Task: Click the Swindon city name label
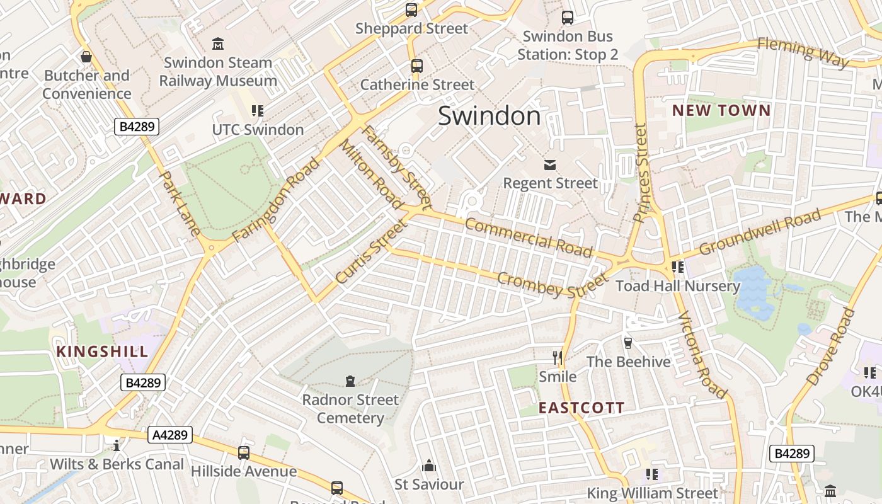tap(489, 116)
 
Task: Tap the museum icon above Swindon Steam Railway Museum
tap(218, 44)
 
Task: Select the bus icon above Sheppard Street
tap(411, 10)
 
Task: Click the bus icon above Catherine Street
tap(416, 66)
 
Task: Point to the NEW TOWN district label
tap(721, 111)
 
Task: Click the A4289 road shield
tap(170, 435)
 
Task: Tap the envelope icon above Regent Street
tap(550, 165)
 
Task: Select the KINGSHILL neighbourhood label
tap(103, 352)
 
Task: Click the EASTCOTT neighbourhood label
tap(581, 408)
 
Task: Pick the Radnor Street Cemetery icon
tap(350, 381)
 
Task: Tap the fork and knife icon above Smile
tap(557, 358)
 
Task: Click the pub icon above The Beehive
tap(627, 343)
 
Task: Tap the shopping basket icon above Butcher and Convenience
tap(86, 57)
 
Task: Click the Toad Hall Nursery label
tap(678, 286)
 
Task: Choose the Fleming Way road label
tap(803, 53)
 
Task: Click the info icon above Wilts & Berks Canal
tap(117, 445)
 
